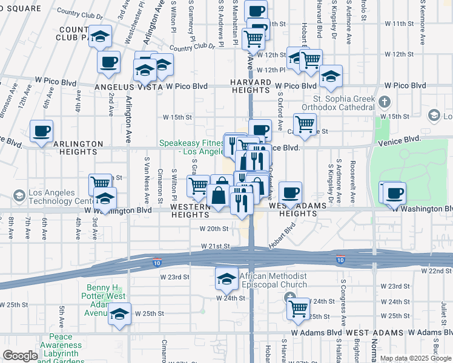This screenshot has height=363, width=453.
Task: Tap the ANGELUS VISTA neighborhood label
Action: click(x=129, y=87)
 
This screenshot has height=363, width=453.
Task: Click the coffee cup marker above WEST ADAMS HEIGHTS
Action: click(x=290, y=192)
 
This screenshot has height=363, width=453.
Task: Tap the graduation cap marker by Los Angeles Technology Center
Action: click(x=105, y=198)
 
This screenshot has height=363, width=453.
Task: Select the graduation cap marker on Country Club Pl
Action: click(x=100, y=35)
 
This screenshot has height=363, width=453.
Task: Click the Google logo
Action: click(x=20, y=355)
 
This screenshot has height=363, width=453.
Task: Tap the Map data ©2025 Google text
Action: click(x=415, y=358)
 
